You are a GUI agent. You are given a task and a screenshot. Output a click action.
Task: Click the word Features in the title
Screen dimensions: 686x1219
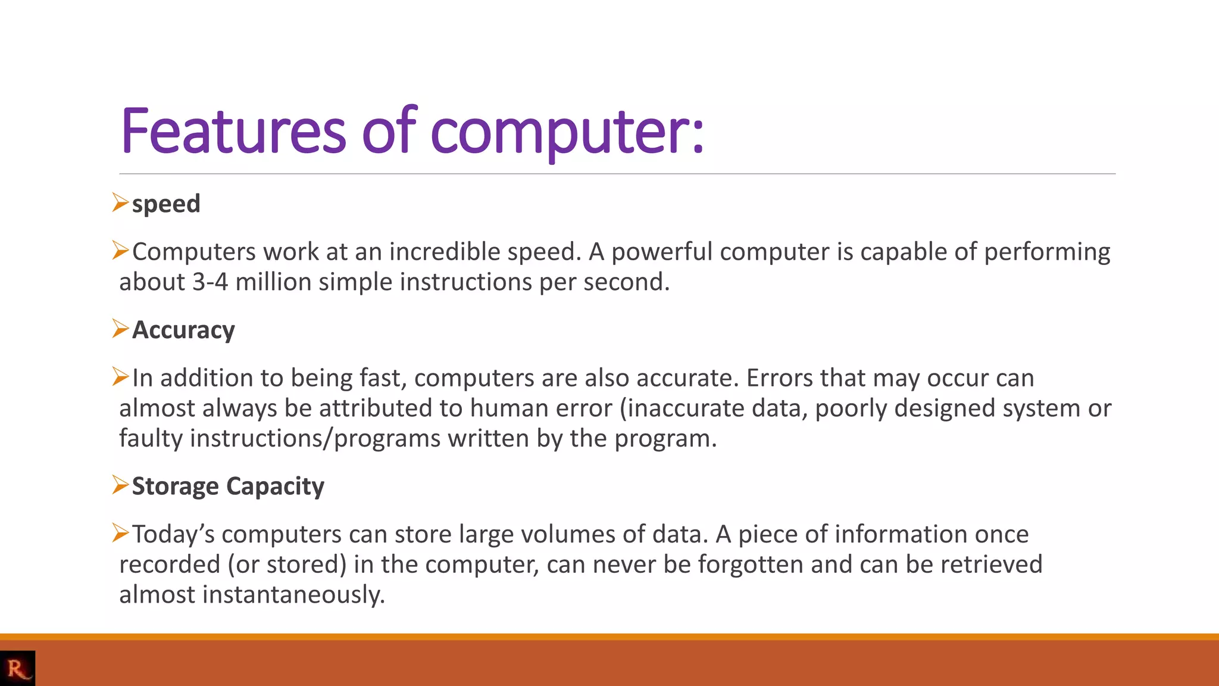(x=233, y=131)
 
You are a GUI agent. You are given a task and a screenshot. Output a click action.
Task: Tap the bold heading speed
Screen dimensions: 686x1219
(x=166, y=204)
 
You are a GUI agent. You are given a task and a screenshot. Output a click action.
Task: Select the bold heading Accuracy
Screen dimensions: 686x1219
(x=183, y=330)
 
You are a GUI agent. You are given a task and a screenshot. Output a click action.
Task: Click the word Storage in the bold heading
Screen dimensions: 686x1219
(x=175, y=487)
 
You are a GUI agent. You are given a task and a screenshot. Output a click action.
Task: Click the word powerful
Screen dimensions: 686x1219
(x=661, y=252)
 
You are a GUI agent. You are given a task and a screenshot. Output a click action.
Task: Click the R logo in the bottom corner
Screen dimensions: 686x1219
(x=17, y=668)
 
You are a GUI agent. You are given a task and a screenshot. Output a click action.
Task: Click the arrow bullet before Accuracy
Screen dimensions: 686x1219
(x=120, y=329)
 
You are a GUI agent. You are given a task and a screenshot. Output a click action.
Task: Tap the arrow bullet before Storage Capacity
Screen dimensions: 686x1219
(x=120, y=485)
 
